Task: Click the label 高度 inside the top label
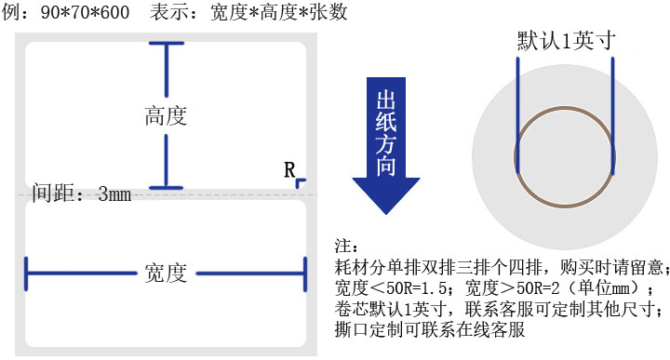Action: tap(166, 115)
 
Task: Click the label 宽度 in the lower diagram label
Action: tap(166, 273)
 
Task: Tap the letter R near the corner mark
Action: tap(289, 170)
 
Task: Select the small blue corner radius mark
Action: tap(301, 182)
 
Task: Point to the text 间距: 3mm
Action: tap(82, 193)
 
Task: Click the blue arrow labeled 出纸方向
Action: tap(386, 146)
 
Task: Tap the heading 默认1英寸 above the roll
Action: tap(566, 41)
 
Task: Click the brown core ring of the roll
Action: tap(565, 108)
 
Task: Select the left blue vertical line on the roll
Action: tap(518, 115)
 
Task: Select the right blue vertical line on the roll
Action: tap(612, 116)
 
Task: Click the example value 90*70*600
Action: tap(85, 12)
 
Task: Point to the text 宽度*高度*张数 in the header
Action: tap(278, 11)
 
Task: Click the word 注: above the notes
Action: tap(346, 246)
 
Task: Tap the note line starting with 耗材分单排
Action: tap(502, 267)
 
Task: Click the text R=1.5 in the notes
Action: tap(424, 287)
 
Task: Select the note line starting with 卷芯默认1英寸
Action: tap(500, 308)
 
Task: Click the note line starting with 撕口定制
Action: tap(429, 329)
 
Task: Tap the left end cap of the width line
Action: tap(26, 273)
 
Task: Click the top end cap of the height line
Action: tap(167, 43)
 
